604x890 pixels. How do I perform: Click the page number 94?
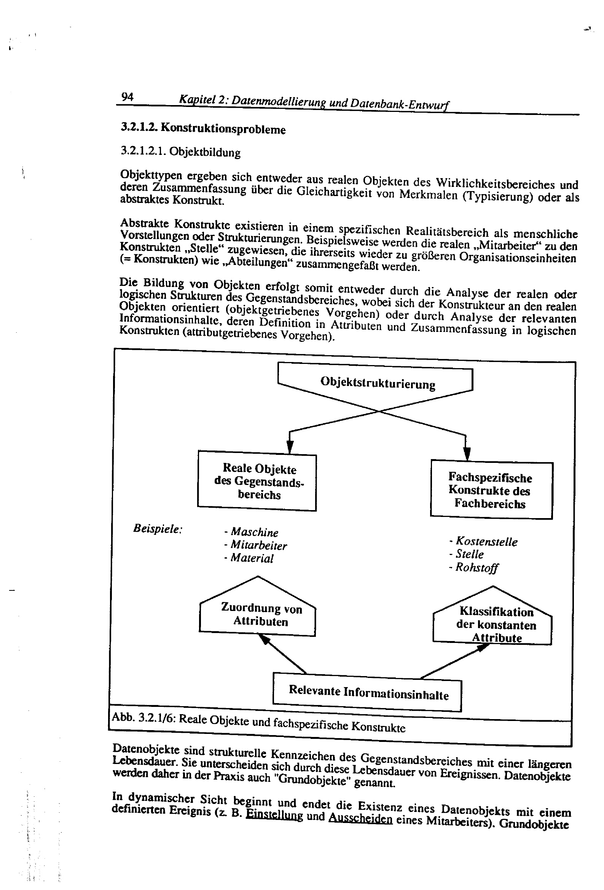pos(127,97)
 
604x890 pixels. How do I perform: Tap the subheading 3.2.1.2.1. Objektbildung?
pos(181,152)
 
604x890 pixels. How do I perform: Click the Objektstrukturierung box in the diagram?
pos(378,383)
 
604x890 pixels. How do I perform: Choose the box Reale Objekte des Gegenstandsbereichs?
pos(257,482)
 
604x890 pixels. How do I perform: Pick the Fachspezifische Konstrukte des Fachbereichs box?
pos(491,490)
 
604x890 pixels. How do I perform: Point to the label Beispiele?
pos(158,529)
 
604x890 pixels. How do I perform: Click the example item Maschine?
pos(252,532)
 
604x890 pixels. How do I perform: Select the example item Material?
pos(249,558)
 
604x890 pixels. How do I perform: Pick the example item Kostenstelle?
pos(483,542)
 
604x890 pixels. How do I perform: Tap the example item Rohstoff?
pos(474,568)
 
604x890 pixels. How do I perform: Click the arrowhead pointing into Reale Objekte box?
pos(290,447)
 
